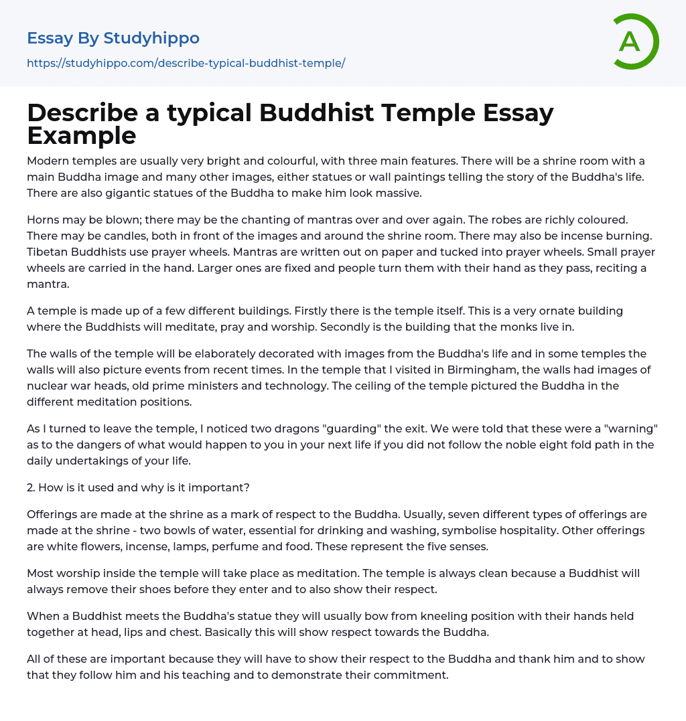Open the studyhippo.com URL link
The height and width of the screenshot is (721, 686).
pos(186,64)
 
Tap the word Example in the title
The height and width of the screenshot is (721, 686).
pos(82,135)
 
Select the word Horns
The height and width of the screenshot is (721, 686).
pos(43,220)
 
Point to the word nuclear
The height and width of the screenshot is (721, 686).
pos(48,386)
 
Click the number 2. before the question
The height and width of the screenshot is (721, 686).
pos(31,487)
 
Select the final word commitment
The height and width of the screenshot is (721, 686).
pos(405,675)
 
